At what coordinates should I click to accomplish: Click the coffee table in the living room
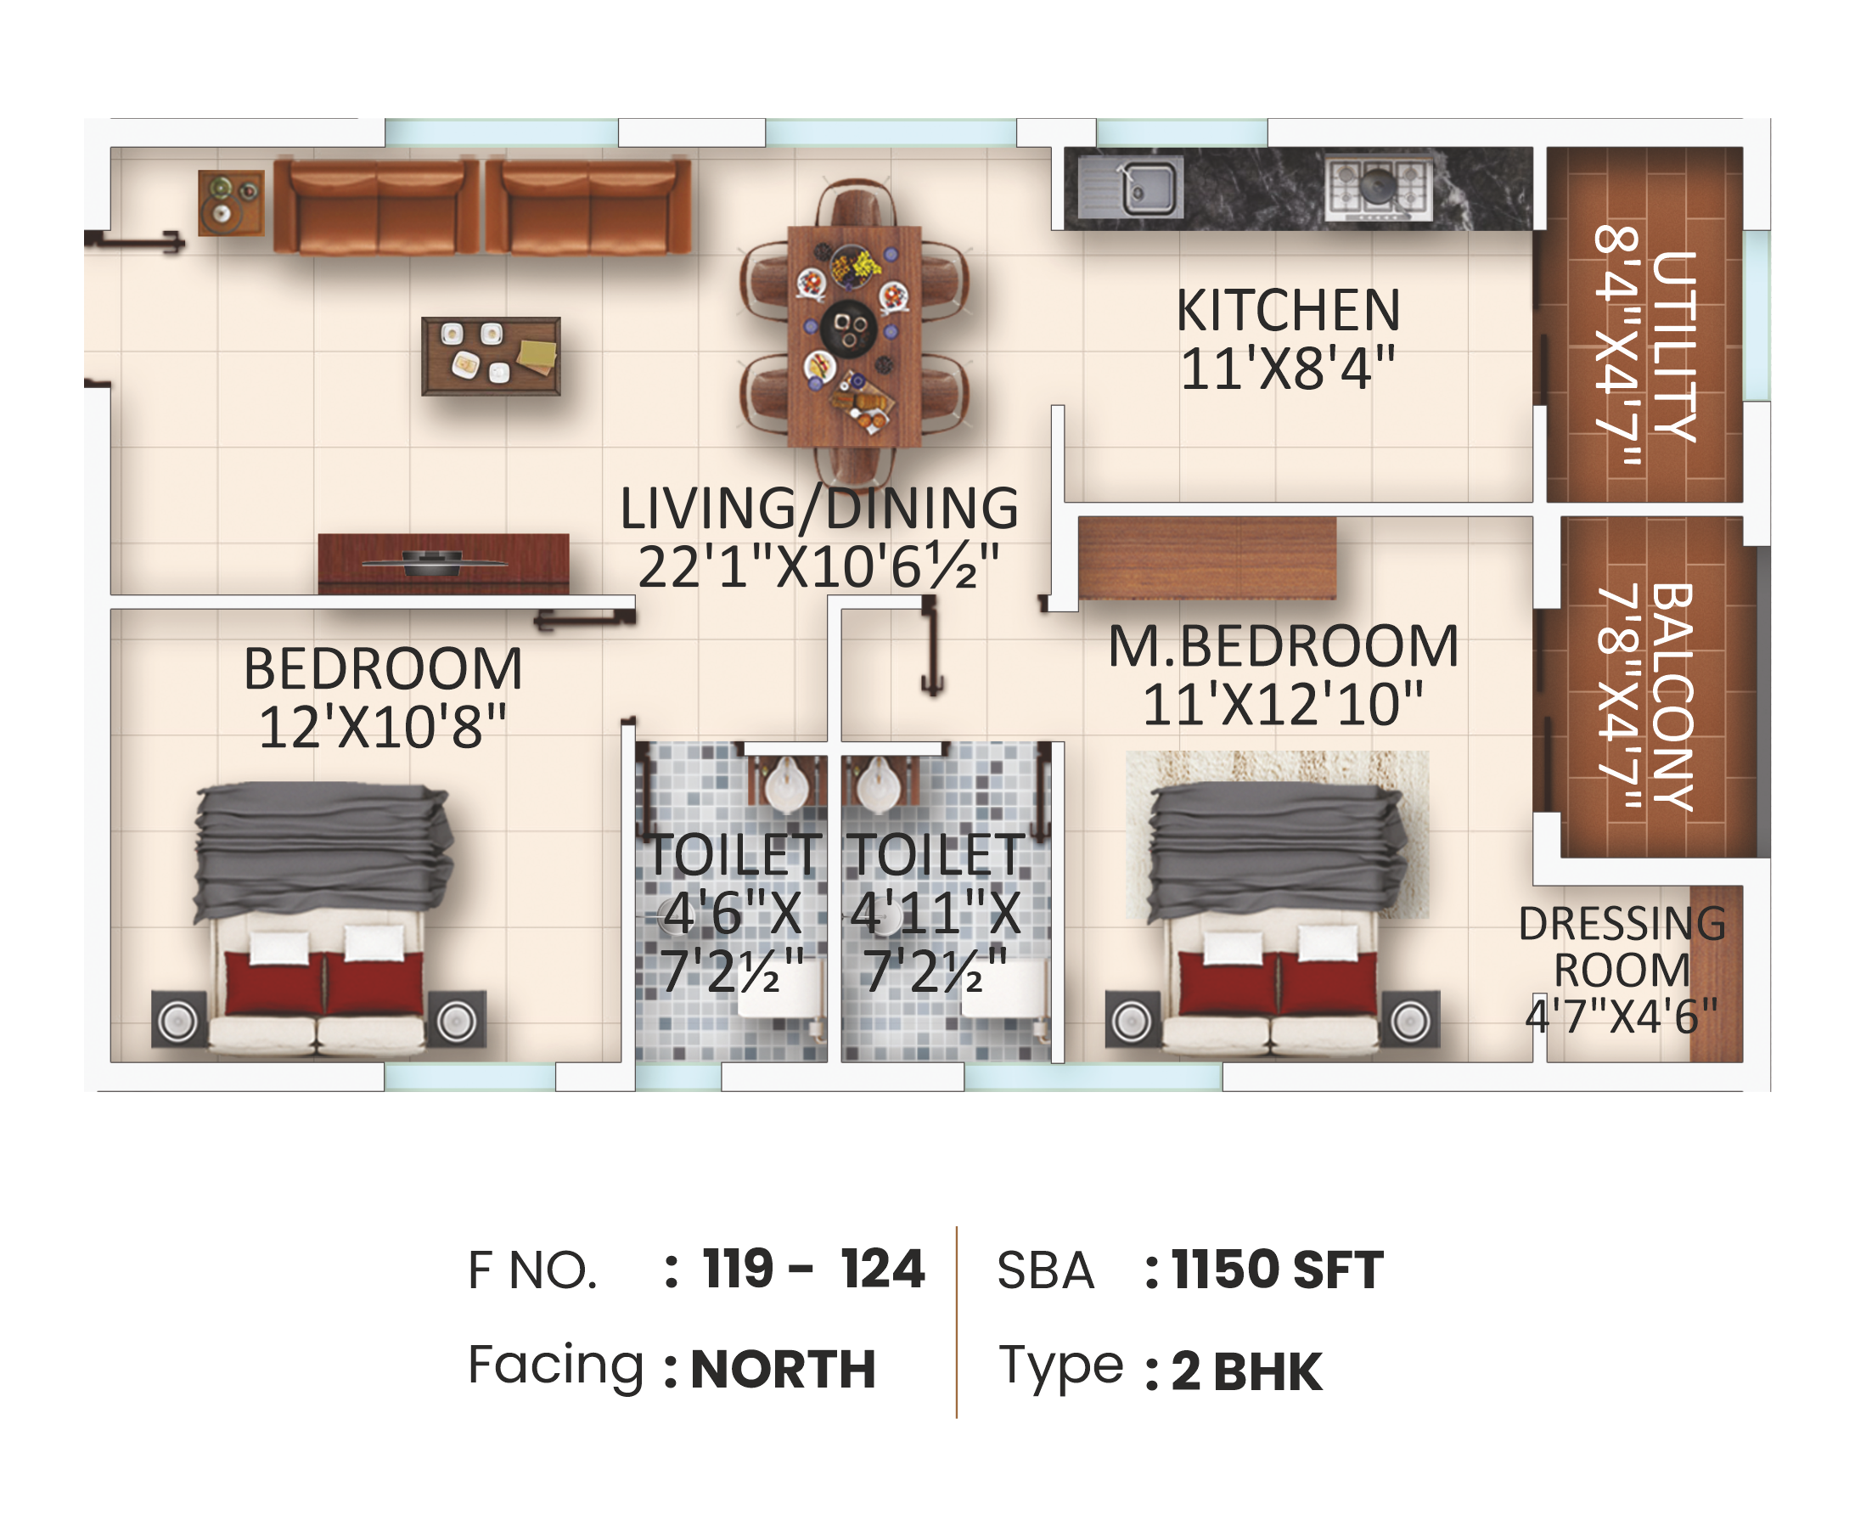click(x=492, y=356)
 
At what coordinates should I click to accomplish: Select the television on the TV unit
click(x=433, y=562)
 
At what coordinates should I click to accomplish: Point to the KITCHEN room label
click(x=1288, y=311)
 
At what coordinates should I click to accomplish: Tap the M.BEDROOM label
click(x=1283, y=646)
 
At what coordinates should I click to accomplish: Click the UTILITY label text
click(x=1675, y=346)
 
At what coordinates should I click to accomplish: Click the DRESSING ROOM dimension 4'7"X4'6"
click(x=1622, y=1016)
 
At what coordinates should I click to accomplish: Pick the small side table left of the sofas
click(x=231, y=203)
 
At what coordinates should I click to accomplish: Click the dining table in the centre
click(x=853, y=335)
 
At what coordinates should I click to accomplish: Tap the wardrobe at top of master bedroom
click(x=1206, y=558)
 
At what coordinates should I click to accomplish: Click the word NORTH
click(x=783, y=1369)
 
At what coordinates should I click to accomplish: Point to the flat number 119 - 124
click(x=812, y=1270)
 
